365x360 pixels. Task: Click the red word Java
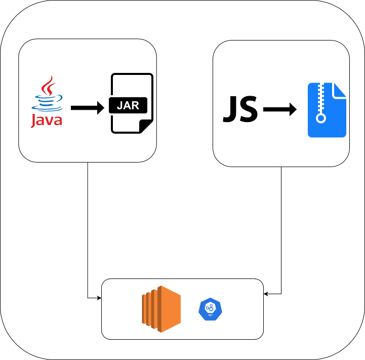tap(47, 121)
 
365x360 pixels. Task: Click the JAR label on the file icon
tap(128, 106)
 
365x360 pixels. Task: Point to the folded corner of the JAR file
tap(146, 127)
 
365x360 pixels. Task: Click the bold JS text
tap(240, 109)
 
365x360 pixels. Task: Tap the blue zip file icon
tap(327, 110)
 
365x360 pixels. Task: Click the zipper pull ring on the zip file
tap(320, 119)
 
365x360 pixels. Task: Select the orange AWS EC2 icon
tap(161, 309)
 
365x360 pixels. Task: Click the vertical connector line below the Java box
tap(88, 228)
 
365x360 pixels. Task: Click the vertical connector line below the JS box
tap(281, 228)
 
